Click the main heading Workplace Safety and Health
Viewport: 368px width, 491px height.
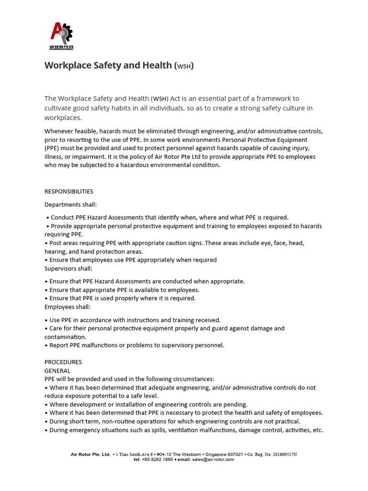click(119, 65)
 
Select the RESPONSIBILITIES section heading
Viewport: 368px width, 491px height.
click(69, 191)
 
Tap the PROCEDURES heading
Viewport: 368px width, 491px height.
click(63, 362)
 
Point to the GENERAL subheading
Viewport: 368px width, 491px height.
click(57, 371)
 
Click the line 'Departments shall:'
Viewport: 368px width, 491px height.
click(70, 205)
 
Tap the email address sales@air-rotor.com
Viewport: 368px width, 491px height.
click(213, 459)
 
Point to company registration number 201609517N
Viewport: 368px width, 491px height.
click(281, 454)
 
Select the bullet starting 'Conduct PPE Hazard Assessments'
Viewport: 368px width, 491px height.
click(168, 218)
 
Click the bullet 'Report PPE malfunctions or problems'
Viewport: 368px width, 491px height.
click(135, 345)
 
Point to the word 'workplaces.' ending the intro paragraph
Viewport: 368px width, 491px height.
click(63, 118)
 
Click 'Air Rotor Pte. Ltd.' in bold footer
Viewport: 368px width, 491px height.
click(90, 454)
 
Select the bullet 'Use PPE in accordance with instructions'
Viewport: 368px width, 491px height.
click(133, 320)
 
